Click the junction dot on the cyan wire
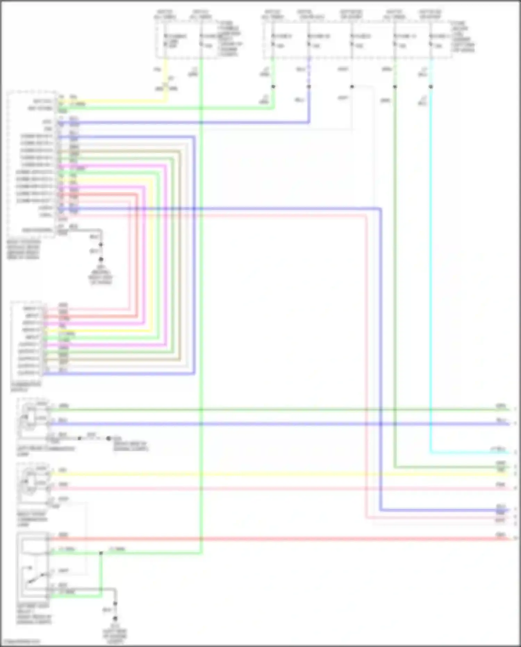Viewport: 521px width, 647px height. coord(431,87)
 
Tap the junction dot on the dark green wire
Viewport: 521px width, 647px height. coord(395,87)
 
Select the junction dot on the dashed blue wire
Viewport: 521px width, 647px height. coord(309,87)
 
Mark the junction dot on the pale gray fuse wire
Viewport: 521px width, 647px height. coord(352,87)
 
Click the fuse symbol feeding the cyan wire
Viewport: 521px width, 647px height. coord(431,40)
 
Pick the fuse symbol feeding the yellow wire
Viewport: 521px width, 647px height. coord(166,40)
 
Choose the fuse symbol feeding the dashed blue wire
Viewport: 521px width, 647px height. coord(309,40)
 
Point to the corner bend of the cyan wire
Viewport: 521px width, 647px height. coord(431,453)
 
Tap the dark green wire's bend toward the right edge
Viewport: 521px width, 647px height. coord(395,467)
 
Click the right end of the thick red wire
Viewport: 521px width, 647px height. coord(509,539)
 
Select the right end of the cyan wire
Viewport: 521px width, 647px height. coord(509,453)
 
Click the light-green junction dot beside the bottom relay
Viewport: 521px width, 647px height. coord(101,553)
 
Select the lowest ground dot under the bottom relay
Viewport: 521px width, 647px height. coord(115,618)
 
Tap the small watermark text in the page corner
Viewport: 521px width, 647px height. coord(21,641)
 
